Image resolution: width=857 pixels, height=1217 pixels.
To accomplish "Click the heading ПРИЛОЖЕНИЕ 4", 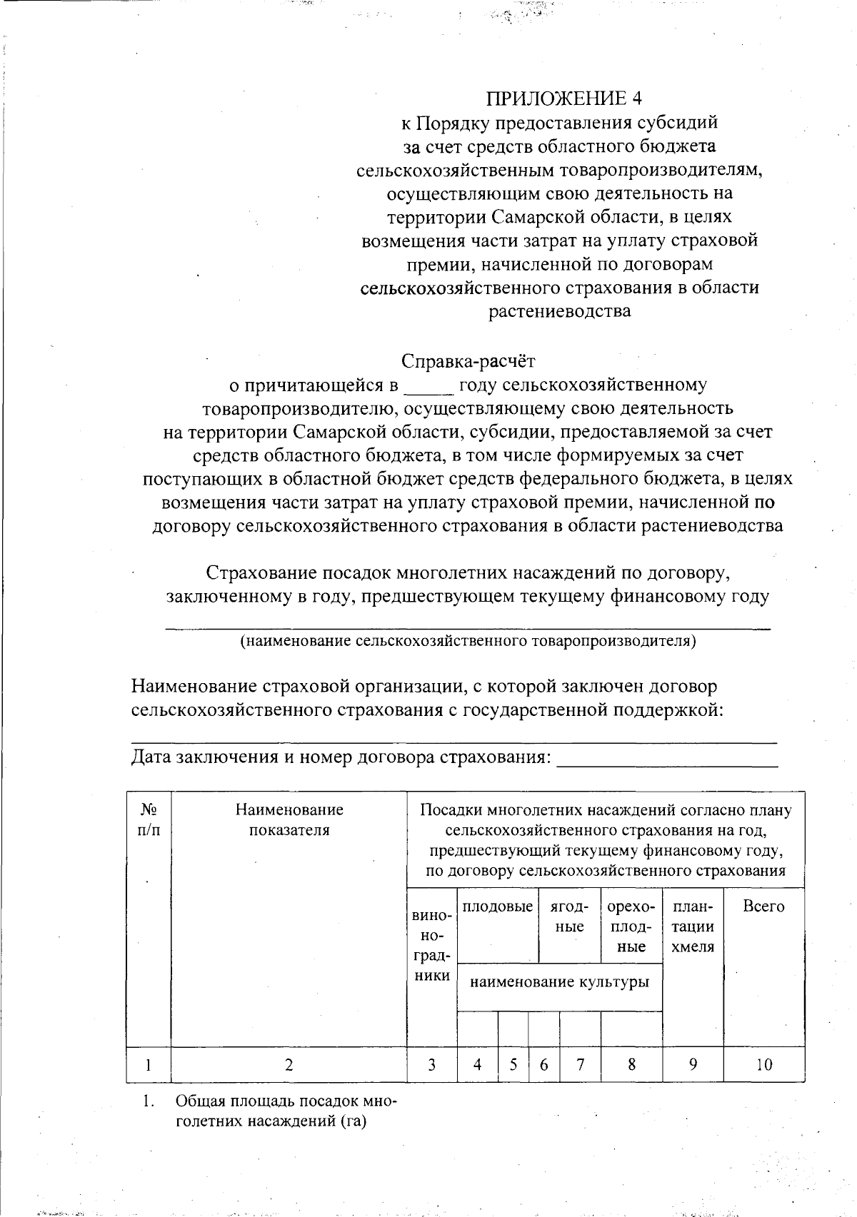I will pos(559,99).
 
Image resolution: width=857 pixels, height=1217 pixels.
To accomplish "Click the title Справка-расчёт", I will pos(468,361).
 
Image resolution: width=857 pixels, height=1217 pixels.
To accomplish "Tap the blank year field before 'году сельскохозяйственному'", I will pos(428,386).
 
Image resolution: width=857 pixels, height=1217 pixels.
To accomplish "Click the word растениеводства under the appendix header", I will pos(559,311).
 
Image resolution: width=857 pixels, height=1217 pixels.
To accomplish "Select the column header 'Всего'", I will pos(763,907).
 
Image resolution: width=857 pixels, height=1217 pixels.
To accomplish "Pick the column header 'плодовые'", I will pos(498,907).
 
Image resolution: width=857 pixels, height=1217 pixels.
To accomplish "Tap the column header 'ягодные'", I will pos(569,916).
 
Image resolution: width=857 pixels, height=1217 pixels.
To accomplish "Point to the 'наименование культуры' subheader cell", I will pos(560,981).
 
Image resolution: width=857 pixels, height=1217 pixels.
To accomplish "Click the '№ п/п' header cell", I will pos(149,819).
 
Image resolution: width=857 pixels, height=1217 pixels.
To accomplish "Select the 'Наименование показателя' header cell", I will pos(289,819).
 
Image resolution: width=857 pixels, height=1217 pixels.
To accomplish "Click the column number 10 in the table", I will pos(763,1065).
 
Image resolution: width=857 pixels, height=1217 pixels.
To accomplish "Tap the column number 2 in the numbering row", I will pos(289,1065).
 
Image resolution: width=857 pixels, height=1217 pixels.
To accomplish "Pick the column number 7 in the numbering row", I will pos(580,1065).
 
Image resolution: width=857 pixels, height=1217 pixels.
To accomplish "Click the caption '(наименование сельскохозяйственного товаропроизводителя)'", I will pos(468,641).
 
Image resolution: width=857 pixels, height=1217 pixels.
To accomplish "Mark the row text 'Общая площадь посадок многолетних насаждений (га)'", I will pos(284,1111).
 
